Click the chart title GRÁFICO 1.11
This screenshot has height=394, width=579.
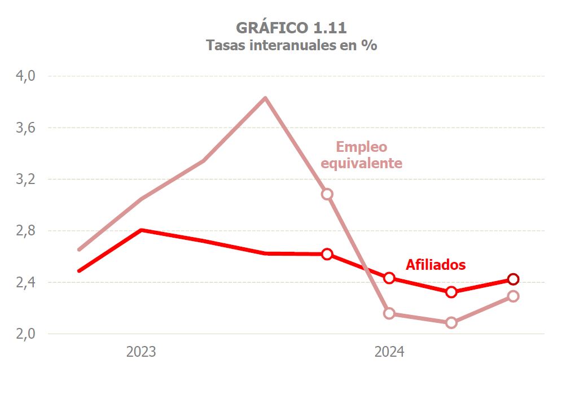click(291, 28)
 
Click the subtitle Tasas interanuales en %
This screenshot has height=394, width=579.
click(291, 46)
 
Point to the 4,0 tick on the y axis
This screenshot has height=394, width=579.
click(25, 76)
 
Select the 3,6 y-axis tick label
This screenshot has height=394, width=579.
click(25, 128)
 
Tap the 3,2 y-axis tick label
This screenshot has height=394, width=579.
click(25, 179)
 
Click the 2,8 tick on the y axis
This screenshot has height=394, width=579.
click(25, 230)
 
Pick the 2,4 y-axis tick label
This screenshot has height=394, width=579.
click(25, 282)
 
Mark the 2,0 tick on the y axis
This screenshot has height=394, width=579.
click(25, 334)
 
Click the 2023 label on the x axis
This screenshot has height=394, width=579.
click(141, 352)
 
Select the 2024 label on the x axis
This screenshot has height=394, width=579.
click(389, 352)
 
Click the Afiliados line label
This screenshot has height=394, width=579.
click(436, 265)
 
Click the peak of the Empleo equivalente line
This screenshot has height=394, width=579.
click(265, 98)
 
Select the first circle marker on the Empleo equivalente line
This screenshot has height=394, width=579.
click(327, 194)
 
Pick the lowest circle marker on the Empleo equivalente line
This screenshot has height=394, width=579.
click(451, 323)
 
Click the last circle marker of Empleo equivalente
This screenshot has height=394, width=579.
click(513, 296)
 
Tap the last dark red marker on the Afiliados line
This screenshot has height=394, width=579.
click(513, 279)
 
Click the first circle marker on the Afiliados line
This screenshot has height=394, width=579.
click(327, 254)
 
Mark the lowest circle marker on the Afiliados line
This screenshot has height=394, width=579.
click(451, 292)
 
